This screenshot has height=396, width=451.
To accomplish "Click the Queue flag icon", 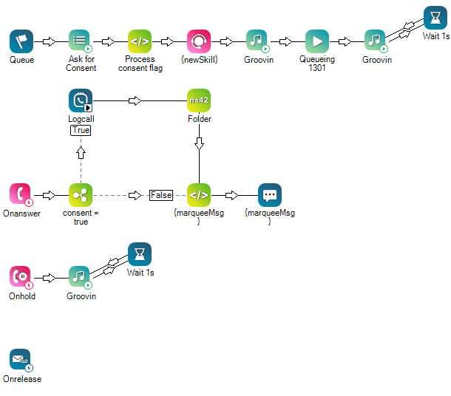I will click(x=21, y=41).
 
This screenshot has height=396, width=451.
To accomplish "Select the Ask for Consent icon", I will click(x=81, y=41).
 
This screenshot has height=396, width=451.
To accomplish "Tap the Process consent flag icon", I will click(x=140, y=41).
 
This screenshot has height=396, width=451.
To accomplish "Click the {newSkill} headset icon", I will click(x=199, y=41).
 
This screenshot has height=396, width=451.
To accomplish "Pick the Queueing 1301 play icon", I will click(x=317, y=41).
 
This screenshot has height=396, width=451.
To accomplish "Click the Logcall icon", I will click(x=81, y=100).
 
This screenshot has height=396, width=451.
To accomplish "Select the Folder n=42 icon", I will click(x=199, y=100).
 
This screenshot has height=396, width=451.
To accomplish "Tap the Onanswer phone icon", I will click(x=21, y=195).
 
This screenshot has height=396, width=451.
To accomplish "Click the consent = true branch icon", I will click(x=81, y=195).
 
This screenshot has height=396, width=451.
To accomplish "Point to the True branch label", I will click(x=81, y=130).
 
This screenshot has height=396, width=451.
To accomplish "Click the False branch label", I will click(x=160, y=195).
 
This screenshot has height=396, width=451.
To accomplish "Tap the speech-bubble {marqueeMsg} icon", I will click(x=270, y=195).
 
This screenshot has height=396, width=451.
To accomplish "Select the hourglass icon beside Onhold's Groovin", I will click(x=140, y=254).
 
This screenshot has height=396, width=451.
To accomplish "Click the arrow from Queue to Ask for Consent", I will click(x=50, y=41).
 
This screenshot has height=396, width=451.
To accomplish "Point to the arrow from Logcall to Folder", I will click(x=135, y=100).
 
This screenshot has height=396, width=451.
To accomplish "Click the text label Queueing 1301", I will click(x=317, y=64).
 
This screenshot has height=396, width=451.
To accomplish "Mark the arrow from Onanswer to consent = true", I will click(x=50, y=195).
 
